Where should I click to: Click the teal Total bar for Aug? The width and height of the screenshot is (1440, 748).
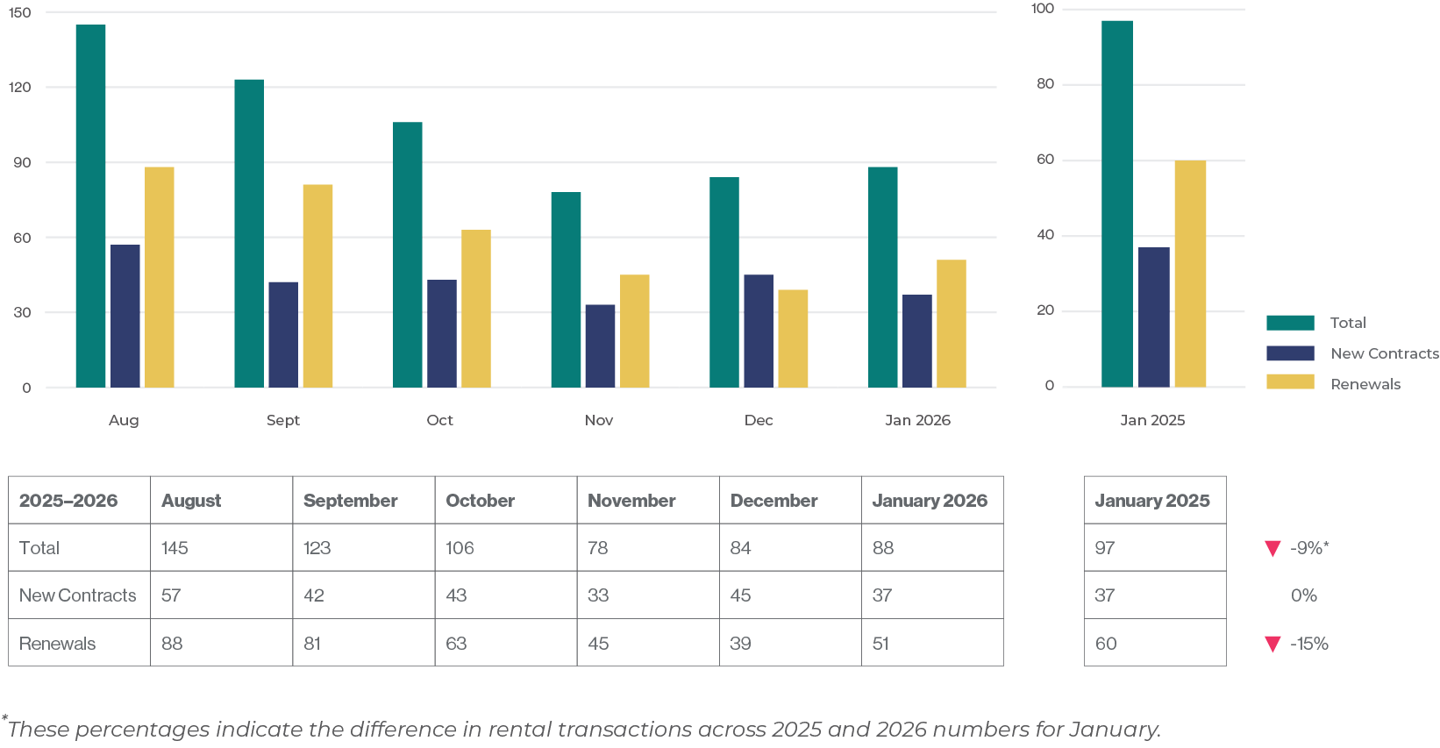(90, 206)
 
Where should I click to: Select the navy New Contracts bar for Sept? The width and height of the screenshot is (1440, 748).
(283, 334)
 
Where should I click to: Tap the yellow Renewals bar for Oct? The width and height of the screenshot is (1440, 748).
(476, 309)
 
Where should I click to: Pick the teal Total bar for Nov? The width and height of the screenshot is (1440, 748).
(566, 289)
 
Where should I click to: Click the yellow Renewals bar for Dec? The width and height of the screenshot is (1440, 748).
(793, 338)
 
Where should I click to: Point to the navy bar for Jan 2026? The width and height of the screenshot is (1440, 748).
(917, 341)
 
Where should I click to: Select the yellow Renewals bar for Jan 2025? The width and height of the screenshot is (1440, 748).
(1190, 274)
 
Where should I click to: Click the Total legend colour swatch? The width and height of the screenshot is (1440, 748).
(1290, 323)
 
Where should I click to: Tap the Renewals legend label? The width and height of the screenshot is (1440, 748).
(1365, 384)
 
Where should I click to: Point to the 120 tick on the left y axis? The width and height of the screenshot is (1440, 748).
(20, 87)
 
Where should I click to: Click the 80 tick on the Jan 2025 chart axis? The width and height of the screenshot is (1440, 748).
(1044, 84)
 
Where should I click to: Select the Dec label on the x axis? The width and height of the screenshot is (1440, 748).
(759, 420)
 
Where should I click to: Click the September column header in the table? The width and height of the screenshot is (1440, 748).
(351, 501)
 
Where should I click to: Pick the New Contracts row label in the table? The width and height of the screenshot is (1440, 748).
(78, 595)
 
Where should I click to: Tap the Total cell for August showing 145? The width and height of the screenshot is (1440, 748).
(175, 548)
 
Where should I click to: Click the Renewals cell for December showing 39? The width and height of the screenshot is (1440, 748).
(740, 644)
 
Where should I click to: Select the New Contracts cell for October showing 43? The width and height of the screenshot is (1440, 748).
(456, 595)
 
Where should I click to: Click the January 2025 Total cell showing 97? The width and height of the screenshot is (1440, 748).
(1105, 548)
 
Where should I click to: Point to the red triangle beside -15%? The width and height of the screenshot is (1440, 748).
(1272, 645)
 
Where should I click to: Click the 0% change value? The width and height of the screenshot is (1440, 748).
(1303, 595)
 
